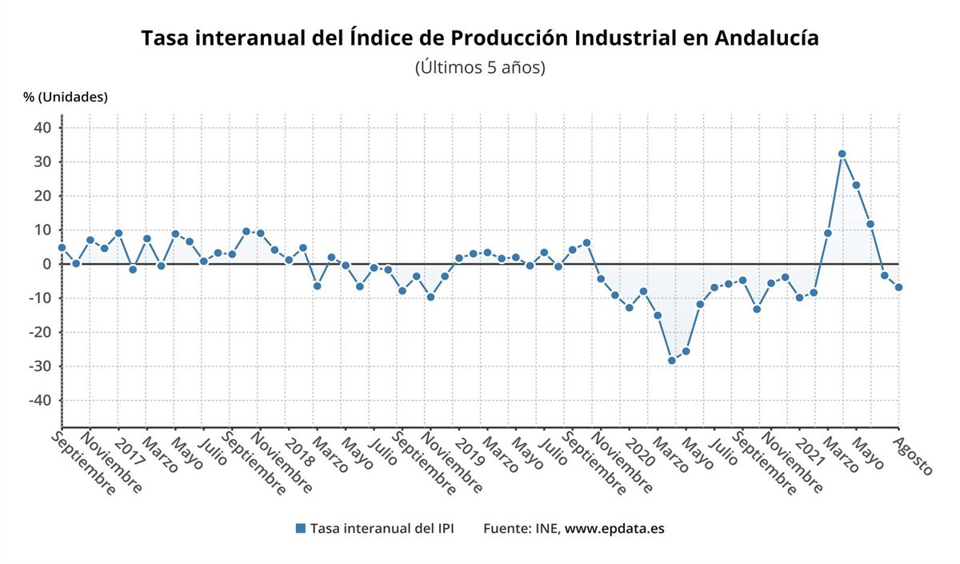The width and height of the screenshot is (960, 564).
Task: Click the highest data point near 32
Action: [842, 154]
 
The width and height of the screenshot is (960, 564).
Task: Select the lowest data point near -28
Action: [672, 361]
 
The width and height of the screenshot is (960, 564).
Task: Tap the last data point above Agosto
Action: [898, 287]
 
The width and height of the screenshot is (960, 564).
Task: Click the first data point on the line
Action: [62, 247]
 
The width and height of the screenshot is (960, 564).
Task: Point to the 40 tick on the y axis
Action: [42, 128]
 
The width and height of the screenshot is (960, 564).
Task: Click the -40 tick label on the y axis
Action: [38, 400]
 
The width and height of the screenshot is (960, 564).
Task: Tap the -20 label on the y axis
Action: [38, 332]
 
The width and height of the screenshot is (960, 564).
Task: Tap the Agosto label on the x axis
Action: [914, 455]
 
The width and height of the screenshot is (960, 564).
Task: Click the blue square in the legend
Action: [301, 528]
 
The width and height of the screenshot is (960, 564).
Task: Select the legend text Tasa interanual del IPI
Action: [382, 529]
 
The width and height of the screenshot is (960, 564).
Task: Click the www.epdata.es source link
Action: [614, 529]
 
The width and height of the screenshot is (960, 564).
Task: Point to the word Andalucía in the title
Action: [766, 38]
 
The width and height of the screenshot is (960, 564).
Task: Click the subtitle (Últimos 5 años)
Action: [480, 68]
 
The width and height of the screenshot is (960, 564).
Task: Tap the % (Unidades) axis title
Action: [66, 97]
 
